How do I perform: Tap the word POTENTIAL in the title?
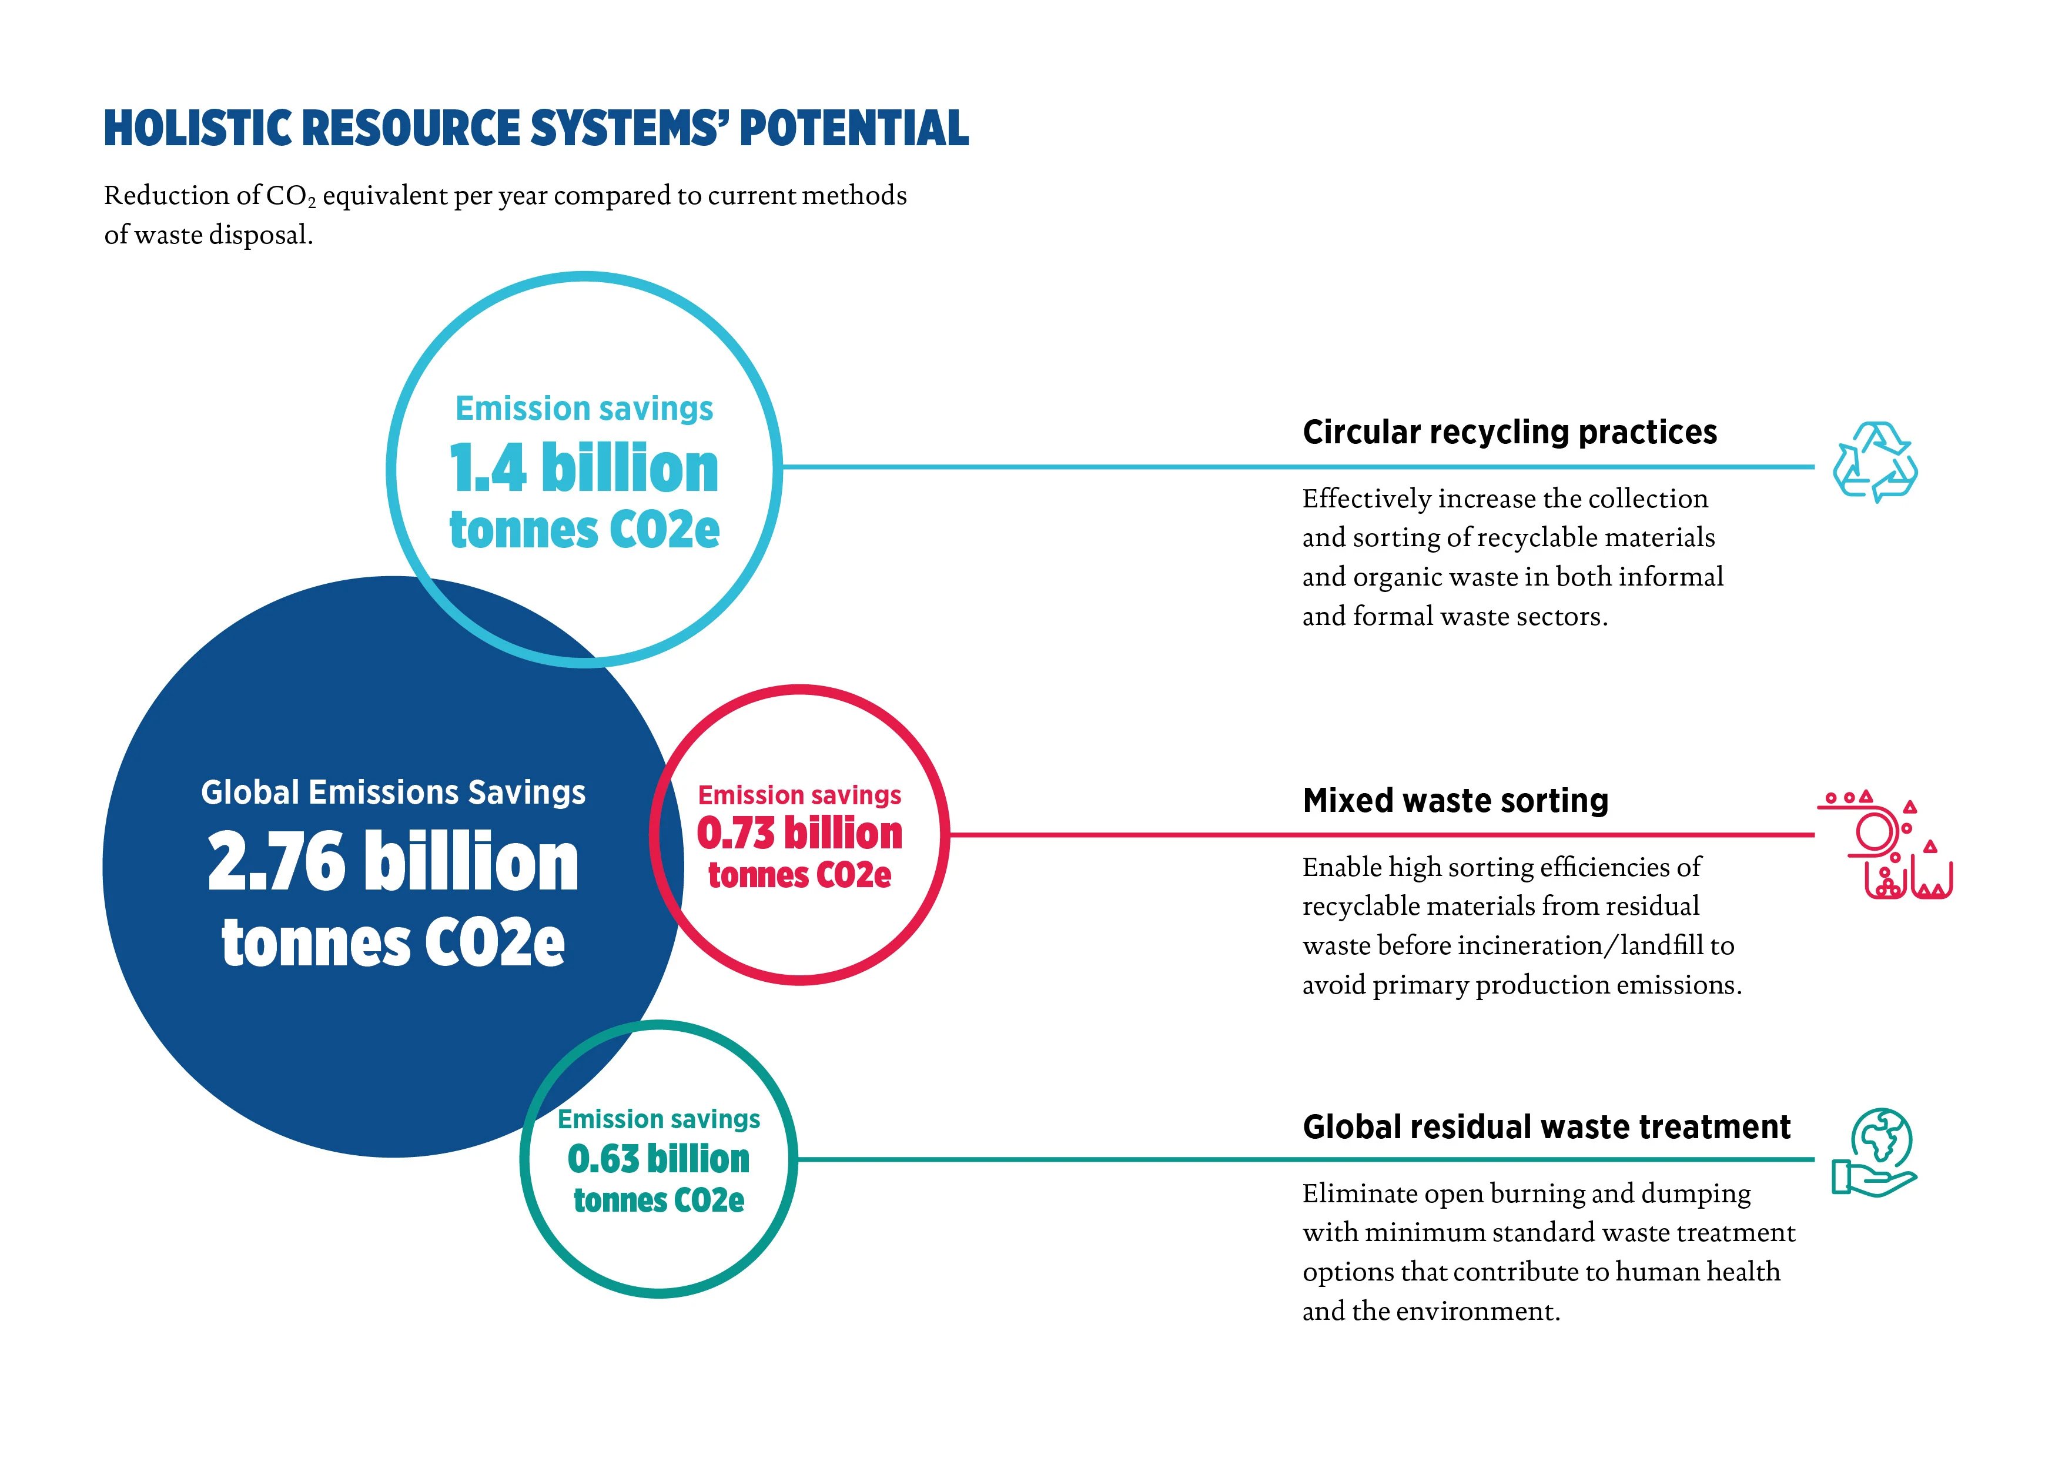coord(854,128)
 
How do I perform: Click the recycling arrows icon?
coord(1874,462)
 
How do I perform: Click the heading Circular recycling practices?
coord(1510,432)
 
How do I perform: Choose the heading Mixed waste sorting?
coord(1455,800)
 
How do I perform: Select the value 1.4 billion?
coord(584,468)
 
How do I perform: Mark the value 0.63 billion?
coord(659,1158)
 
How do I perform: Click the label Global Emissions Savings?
coord(393,792)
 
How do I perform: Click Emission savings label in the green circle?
coord(659,1119)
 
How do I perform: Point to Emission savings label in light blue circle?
coord(584,409)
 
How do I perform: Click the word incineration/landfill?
coord(1582,945)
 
